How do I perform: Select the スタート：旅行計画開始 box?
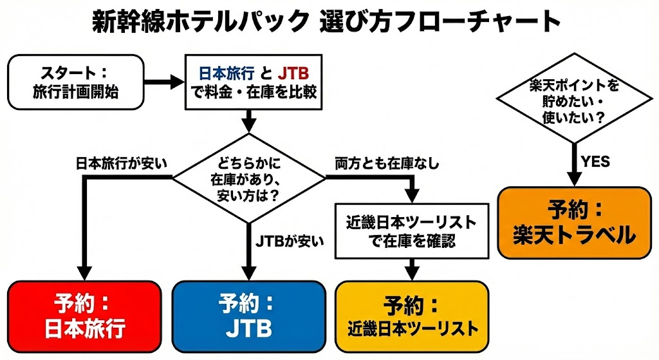click(75, 82)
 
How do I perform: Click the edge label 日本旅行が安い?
click(121, 164)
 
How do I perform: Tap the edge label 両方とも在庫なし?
click(387, 164)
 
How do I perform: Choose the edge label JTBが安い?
click(290, 241)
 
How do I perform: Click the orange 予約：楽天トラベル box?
click(574, 222)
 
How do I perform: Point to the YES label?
click(595, 162)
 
